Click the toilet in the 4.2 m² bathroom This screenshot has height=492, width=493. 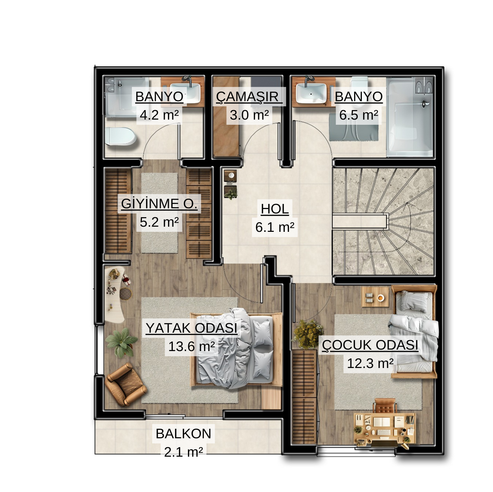(120, 136)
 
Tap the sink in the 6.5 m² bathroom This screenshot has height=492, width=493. (311, 93)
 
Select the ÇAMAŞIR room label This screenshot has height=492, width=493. (247, 97)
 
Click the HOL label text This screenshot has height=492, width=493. (275, 209)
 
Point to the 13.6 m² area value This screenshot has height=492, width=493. (191, 346)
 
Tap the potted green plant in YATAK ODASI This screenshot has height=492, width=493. (121, 343)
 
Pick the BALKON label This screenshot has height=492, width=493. (183, 433)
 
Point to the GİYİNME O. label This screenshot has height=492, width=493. (159, 204)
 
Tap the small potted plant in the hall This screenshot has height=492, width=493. (231, 192)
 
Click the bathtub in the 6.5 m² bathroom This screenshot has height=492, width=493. (410, 117)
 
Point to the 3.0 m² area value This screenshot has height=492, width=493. (249, 115)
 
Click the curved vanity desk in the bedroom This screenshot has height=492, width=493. (115, 294)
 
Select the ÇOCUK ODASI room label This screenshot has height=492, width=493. (370, 345)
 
